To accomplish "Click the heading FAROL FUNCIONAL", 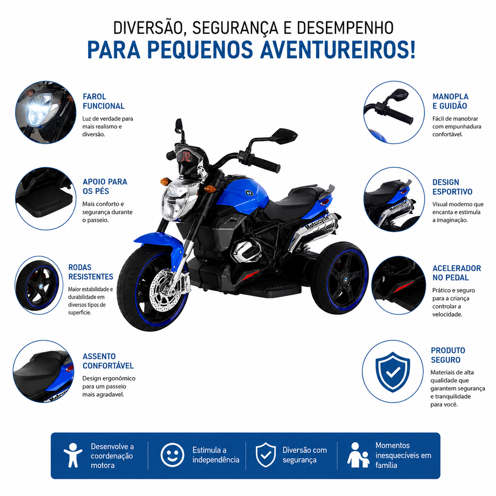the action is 104,101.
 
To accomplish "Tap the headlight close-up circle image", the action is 46,112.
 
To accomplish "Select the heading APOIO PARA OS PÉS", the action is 105,186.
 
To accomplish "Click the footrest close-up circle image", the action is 46,198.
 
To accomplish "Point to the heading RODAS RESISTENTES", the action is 91,272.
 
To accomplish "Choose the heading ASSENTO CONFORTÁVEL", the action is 108,361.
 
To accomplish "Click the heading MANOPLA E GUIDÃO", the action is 450,101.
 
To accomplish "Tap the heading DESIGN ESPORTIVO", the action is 452,187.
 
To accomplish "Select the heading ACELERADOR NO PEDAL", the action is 457,273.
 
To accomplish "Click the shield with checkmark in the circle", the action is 392,372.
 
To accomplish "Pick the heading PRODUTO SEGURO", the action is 448,355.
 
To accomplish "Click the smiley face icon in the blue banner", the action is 172,455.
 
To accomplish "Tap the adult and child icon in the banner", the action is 358,455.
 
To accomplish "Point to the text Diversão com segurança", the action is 305,455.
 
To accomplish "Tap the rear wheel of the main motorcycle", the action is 340,278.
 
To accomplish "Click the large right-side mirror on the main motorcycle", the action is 284,136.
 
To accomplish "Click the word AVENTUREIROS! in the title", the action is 338,50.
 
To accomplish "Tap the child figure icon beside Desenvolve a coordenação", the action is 73,455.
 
